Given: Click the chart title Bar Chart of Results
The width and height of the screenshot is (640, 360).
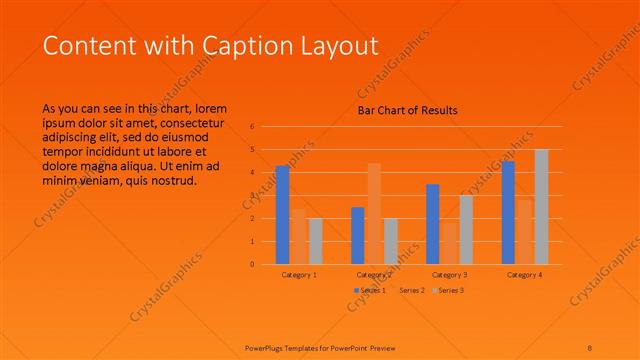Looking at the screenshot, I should (x=408, y=111).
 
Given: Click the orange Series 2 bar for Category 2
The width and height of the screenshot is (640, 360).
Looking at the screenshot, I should (x=374, y=214).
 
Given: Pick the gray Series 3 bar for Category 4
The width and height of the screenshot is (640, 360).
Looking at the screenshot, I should (x=541, y=207).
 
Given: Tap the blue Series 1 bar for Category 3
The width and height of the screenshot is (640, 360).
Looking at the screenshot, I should (x=433, y=224).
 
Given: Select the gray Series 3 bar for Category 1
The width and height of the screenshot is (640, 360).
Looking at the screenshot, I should (x=316, y=241).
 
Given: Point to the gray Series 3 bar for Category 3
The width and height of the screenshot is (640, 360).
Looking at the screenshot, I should (x=466, y=230).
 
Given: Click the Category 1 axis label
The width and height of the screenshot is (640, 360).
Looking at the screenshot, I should (x=299, y=274).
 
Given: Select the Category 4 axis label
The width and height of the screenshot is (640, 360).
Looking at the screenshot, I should (x=525, y=274).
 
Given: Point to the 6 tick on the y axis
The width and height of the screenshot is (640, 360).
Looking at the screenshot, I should (x=253, y=127).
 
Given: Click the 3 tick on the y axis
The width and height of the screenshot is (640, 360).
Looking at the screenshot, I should (x=253, y=196).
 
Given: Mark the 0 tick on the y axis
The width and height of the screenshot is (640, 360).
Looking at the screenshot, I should (x=253, y=265).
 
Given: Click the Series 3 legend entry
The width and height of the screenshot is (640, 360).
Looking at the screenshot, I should (x=447, y=290).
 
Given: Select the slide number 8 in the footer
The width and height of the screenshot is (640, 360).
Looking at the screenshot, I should (x=590, y=347).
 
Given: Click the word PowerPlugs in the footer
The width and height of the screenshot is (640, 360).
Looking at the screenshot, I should (x=268, y=347).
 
